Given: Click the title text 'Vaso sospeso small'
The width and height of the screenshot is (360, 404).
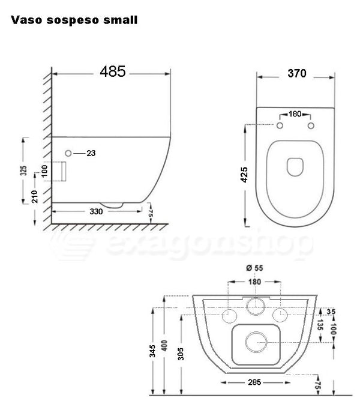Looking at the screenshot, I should coord(74,20).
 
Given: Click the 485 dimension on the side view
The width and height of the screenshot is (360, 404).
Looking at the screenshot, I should coord(113,71).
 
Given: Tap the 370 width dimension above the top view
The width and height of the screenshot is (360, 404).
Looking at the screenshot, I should coord(296,74).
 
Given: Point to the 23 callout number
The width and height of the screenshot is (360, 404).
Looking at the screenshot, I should coord(91,154).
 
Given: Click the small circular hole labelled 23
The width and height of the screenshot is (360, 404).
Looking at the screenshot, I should coord(68,154).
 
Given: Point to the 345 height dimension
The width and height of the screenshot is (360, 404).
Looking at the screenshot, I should coord(154,348).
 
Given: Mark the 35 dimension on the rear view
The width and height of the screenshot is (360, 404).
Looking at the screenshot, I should coord(332,311).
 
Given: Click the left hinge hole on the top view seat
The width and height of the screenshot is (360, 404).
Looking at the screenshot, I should coord(280,126).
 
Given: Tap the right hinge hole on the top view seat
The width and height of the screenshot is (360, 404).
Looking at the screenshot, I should coord(311,126).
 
